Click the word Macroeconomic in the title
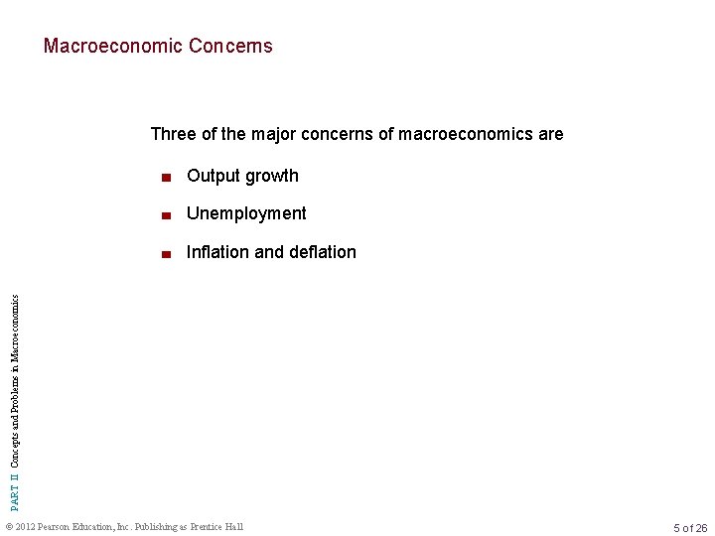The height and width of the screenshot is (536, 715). [100, 46]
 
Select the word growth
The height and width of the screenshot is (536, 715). [272, 177]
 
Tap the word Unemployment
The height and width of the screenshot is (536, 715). [246, 213]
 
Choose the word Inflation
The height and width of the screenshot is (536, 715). [218, 252]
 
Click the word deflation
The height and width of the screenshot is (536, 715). [323, 252]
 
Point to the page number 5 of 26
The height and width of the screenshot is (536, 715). [689, 527]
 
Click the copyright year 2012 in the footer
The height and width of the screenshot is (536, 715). [29, 526]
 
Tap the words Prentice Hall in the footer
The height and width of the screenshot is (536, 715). [216, 526]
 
